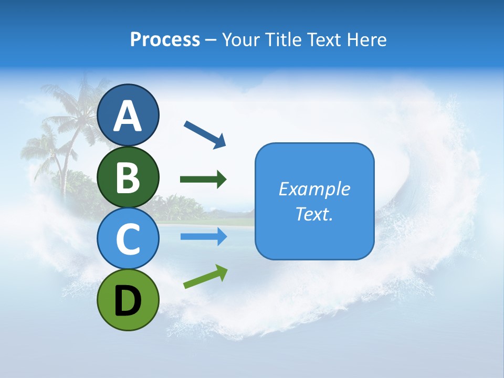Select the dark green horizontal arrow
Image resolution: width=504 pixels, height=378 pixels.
(x=203, y=180)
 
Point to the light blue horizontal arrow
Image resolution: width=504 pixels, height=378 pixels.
(x=203, y=237)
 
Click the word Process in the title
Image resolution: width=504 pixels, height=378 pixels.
(x=165, y=39)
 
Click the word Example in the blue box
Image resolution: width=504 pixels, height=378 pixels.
(x=314, y=189)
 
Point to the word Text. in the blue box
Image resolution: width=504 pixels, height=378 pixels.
(x=314, y=214)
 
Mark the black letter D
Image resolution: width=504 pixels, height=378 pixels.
(x=128, y=300)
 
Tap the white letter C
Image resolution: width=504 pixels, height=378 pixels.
(x=128, y=239)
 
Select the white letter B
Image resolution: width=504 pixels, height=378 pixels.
(x=128, y=177)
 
